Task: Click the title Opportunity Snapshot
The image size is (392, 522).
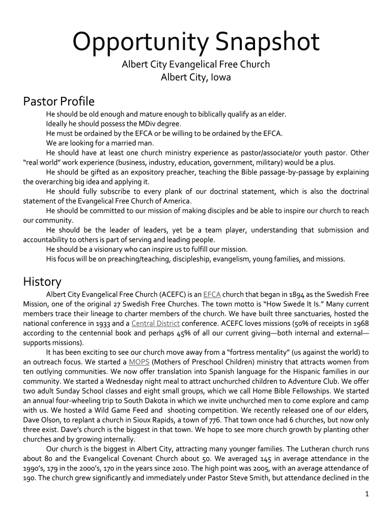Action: (x=195, y=42)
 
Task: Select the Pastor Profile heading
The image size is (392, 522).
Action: (x=59, y=101)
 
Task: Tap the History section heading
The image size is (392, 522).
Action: (x=42, y=281)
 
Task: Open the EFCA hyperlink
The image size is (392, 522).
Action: (x=212, y=295)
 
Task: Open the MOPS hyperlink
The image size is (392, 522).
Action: (x=138, y=362)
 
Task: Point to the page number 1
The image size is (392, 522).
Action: (x=367, y=494)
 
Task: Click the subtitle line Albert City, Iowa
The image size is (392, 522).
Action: (x=195, y=77)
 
